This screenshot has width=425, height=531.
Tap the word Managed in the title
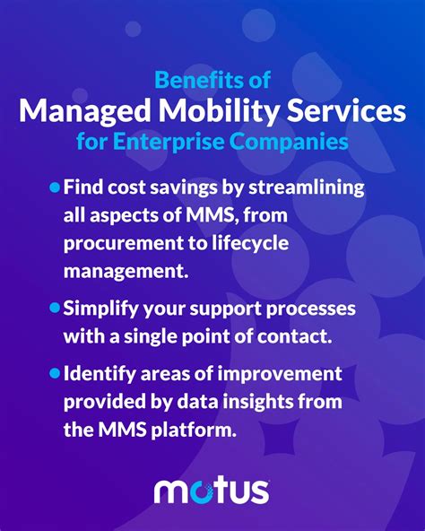click(85, 112)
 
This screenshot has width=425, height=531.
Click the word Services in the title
click(346, 111)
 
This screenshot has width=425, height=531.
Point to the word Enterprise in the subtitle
click(169, 142)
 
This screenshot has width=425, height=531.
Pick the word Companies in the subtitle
click(289, 142)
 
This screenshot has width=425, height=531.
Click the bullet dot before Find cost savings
click(55, 187)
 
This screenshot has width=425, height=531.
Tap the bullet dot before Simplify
click(55, 308)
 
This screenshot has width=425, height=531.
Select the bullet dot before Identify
click(55, 373)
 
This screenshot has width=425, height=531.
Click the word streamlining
click(307, 187)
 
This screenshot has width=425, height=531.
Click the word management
click(126, 271)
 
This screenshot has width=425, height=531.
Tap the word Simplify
click(100, 309)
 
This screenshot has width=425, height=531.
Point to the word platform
click(193, 430)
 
